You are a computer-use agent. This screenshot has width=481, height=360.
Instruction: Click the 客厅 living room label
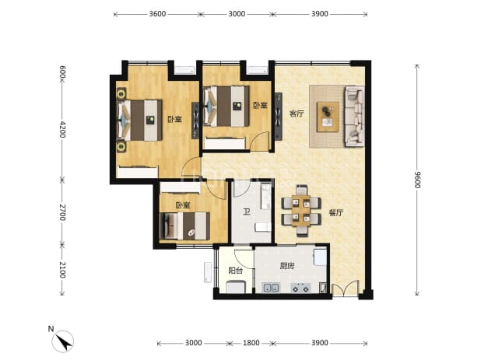pos(297,114)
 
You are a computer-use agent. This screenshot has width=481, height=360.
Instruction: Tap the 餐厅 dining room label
pos(336,212)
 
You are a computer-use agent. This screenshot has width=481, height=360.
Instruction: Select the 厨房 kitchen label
pos(287,266)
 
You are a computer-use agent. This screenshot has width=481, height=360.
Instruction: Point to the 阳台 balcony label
pos(236,271)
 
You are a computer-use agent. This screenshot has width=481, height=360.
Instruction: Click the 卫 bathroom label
pos(246,211)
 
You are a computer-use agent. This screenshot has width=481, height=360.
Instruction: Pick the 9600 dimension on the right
pos(417,180)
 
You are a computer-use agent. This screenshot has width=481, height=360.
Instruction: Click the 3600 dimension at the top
pos(157,14)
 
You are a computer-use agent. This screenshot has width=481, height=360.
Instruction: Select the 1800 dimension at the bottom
pos(251,343)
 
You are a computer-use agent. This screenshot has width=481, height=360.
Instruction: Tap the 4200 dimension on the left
pos(62,129)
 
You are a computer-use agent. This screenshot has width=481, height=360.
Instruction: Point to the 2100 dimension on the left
pos(62,270)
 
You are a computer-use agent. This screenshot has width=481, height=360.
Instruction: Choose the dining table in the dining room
pos(301,211)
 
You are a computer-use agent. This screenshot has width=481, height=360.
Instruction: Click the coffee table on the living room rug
pos(328,117)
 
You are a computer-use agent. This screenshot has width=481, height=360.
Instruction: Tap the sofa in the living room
pos(354,117)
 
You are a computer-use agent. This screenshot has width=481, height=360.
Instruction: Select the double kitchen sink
pos(271,288)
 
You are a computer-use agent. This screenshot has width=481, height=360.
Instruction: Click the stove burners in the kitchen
pos(300,288)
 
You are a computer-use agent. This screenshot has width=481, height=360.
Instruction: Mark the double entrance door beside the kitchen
pos(345,288)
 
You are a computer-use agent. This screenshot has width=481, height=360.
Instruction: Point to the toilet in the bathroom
pos(263,227)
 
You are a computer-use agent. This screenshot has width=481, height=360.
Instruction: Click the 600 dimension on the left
pos(62,72)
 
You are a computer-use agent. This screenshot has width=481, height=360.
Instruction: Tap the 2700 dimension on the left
pos(62,212)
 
